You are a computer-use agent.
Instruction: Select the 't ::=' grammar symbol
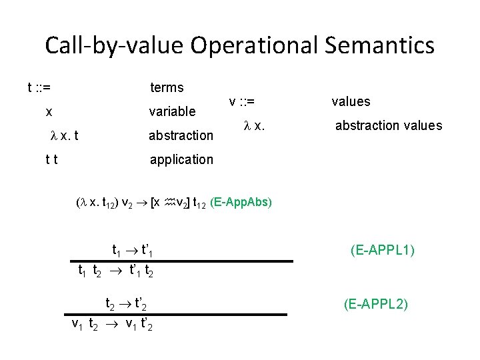pos(40,87)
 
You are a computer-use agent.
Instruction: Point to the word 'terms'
pos(167,87)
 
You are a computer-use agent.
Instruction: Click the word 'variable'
pos(172,111)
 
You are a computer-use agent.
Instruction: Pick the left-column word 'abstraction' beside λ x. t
pos(180,135)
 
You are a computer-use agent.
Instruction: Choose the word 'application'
pos(181,159)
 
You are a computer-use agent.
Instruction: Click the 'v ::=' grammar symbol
pos(242,102)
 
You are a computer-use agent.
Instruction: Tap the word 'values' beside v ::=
pos(351,102)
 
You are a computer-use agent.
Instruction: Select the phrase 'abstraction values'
pos(388,125)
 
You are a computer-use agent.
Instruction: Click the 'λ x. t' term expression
pos(65,135)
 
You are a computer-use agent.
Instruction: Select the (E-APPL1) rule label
pos(383,251)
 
